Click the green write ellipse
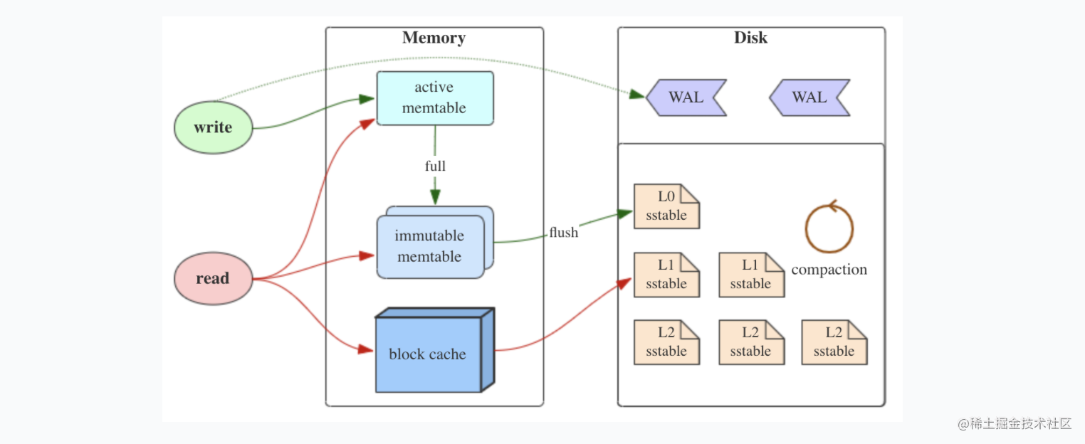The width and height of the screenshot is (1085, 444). [x=213, y=127]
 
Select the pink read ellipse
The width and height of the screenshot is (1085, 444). [x=213, y=278]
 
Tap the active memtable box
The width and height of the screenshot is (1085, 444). [x=435, y=98]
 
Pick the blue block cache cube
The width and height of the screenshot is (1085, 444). [x=434, y=349]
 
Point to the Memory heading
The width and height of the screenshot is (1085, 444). [x=434, y=38]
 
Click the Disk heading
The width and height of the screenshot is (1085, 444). [x=750, y=38]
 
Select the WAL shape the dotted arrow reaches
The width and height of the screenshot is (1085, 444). [x=686, y=97]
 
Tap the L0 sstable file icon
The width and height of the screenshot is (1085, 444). [x=666, y=206]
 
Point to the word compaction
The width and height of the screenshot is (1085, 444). [x=829, y=269]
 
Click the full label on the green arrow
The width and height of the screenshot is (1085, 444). [x=435, y=166]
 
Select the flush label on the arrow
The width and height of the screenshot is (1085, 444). [x=563, y=233]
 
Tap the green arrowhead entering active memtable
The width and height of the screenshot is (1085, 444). [x=367, y=99]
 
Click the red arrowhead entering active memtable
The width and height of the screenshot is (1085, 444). [x=367, y=124]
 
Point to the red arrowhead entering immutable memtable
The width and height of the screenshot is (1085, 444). [x=367, y=255]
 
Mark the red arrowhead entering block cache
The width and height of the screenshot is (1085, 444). [x=366, y=349]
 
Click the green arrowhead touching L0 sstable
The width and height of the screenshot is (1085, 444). [x=625, y=213]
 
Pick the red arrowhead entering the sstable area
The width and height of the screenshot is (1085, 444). [x=625, y=283]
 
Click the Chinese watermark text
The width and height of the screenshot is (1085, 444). [x=1015, y=423]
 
